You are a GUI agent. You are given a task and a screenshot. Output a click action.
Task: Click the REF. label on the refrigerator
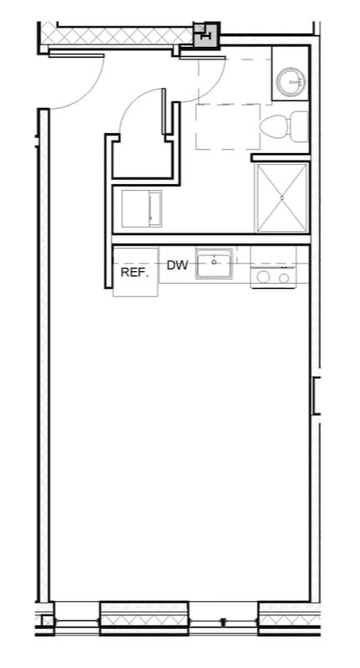point(134,273)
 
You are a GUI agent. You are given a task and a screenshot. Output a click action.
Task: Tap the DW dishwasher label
point(177,265)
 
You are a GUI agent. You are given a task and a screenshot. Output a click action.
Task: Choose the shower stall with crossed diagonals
point(282,198)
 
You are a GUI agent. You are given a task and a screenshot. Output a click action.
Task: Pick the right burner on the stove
point(285,277)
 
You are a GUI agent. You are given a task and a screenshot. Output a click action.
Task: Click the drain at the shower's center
point(282,198)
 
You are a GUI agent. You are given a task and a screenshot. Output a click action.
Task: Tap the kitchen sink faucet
point(215,254)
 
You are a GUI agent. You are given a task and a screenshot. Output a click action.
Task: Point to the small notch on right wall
point(316,395)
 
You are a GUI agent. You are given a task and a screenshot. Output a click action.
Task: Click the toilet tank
point(297,127)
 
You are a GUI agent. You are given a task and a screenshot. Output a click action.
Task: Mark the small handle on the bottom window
point(223,621)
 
